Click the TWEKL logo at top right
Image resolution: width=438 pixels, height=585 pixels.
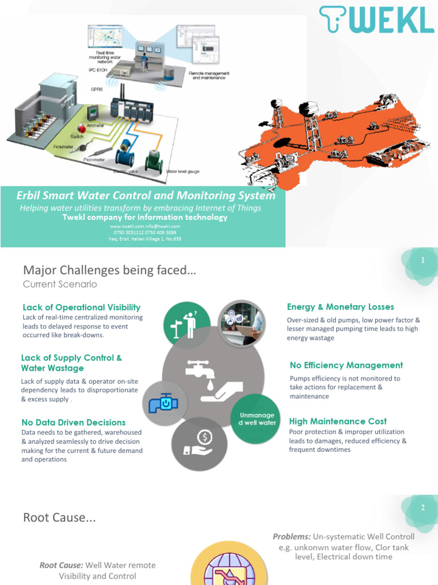tap(376, 20)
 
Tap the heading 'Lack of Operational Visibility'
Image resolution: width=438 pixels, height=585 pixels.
tap(82, 307)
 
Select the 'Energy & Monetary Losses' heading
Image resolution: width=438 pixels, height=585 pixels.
tap(340, 307)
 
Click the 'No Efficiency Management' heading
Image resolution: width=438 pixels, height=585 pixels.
tap(346, 365)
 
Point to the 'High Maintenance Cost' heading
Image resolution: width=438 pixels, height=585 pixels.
tap(338, 422)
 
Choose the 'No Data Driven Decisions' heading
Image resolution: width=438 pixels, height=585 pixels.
tap(74, 422)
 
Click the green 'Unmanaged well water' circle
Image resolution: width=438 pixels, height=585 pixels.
tap(256, 418)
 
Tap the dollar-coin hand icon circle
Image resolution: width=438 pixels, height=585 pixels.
tap(199, 445)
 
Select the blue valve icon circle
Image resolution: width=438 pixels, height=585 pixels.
tap(164, 402)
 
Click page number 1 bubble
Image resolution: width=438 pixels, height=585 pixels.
tap(423, 261)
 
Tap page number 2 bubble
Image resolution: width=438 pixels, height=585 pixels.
tap(423, 508)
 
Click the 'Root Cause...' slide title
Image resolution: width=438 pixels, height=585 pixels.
tap(59, 518)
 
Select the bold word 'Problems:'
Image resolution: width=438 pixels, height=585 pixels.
tap(291, 536)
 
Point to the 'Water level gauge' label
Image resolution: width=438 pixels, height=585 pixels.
tap(182, 171)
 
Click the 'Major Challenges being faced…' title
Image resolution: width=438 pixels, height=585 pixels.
tap(109, 270)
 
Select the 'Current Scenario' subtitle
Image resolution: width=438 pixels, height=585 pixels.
tap(60, 284)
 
